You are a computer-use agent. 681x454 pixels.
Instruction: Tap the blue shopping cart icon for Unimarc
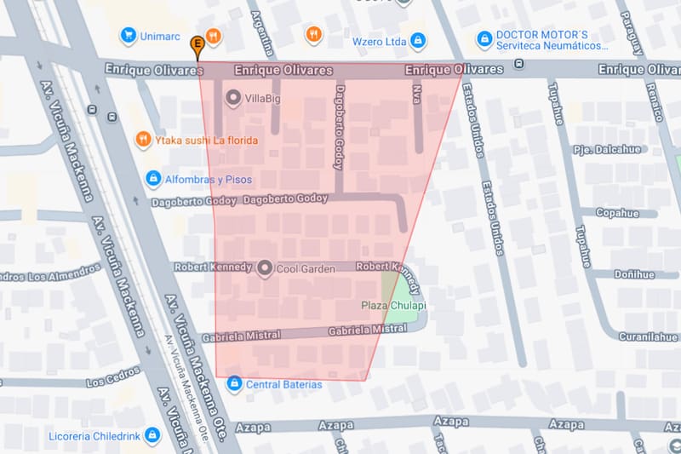click(x=129, y=35)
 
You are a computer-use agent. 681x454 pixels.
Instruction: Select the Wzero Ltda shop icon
click(x=418, y=40)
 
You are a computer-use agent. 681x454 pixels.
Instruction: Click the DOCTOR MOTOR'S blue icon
click(x=484, y=38)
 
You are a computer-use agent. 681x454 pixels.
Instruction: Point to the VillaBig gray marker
click(x=233, y=100)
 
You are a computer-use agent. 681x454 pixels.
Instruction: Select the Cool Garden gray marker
click(x=264, y=268)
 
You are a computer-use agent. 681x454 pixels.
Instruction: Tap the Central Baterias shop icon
click(x=234, y=384)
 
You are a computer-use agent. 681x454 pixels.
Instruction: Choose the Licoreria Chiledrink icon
click(x=152, y=435)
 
